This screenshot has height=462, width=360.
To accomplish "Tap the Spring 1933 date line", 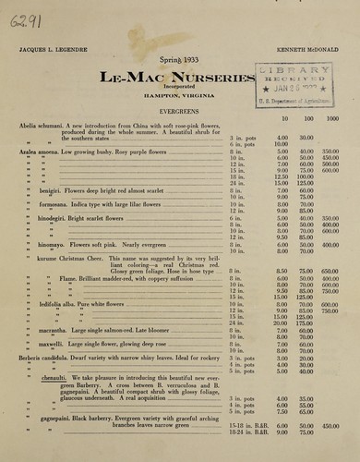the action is [x=179, y=59].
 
